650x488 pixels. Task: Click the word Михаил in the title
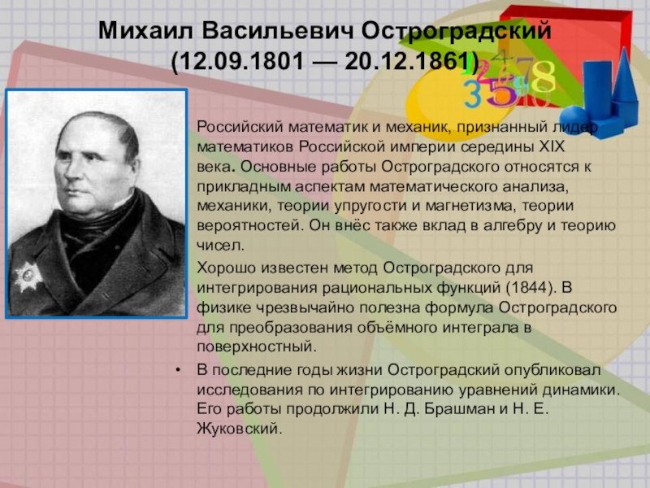click(145, 31)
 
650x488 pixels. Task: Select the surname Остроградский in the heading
click(456, 32)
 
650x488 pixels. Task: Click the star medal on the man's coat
click(28, 276)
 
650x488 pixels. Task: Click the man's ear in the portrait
click(136, 168)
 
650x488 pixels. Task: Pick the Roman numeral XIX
click(552, 147)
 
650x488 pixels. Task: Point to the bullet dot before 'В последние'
click(178, 370)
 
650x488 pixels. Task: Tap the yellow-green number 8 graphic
click(544, 76)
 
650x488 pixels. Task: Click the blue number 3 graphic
click(473, 94)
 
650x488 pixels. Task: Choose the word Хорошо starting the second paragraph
click(226, 268)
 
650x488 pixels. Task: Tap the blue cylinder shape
click(597, 89)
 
